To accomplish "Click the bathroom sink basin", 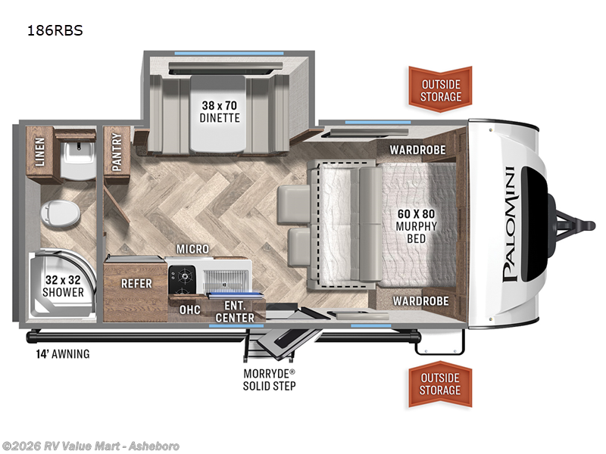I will point(76,155).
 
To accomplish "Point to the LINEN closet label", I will point(39,151).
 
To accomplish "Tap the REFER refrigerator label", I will point(136,284).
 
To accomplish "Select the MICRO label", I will point(192,249).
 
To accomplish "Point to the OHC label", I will point(189,309).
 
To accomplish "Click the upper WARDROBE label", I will point(418,150).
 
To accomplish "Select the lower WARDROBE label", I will point(420,301).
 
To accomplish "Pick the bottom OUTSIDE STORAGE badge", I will point(440,384).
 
